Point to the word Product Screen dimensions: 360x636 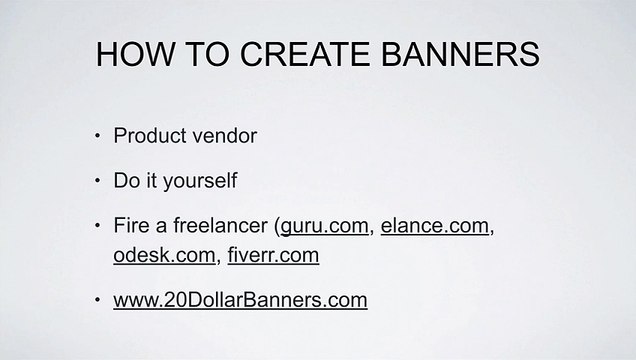tap(153, 135)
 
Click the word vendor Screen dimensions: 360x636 tap(227, 135)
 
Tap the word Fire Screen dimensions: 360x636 tap(131, 228)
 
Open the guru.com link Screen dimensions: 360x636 tap(326, 228)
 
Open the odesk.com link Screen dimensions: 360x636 tap(166, 256)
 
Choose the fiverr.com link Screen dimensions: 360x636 tap(273, 256)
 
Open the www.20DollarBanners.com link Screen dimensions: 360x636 tap(241, 300)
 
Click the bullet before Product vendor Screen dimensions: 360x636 tap(96, 136)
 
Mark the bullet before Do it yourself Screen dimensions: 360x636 tap(96, 183)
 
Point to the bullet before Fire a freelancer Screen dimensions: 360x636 tap(96, 229)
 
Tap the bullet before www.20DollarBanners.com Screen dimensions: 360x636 tap(96, 301)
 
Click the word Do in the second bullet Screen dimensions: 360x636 tap(127, 182)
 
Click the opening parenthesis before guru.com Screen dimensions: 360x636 tap(277, 228)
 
